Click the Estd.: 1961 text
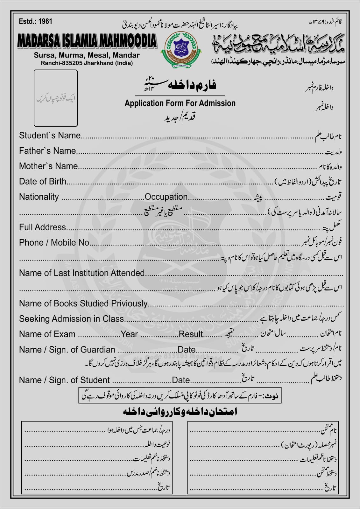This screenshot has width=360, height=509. point(35,22)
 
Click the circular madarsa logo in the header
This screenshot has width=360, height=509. point(181,48)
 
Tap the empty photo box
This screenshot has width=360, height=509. point(56,98)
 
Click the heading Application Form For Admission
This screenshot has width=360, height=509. point(180,103)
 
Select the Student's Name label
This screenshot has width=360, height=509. point(50,136)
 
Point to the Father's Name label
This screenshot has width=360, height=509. point(47,151)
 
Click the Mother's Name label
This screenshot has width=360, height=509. point(48,166)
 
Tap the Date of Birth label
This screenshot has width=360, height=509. point(43,181)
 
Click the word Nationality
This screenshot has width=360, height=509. point(39,197)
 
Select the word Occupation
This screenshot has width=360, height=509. point(166,197)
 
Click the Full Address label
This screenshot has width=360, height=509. point(42,227)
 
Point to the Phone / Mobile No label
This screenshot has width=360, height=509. point(54,242)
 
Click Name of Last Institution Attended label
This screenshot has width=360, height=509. point(82,273)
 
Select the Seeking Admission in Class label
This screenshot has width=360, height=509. point(71,319)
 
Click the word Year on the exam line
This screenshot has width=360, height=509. point(129,334)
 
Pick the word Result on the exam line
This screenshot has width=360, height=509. point(191,334)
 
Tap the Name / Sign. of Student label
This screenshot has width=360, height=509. point(64,380)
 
